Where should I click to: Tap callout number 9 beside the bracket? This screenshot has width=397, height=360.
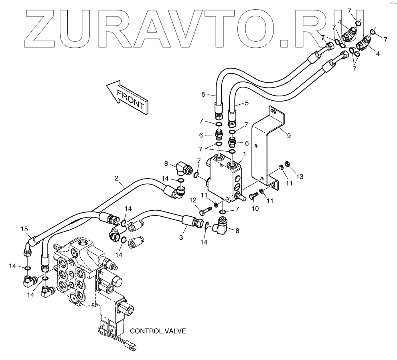pyautogui.click(x=288, y=136)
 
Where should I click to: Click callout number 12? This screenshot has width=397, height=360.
pyautogui.click(x=193, y=200)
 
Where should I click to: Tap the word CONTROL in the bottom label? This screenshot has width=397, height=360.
pyautogui.click(x=146, y=331)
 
